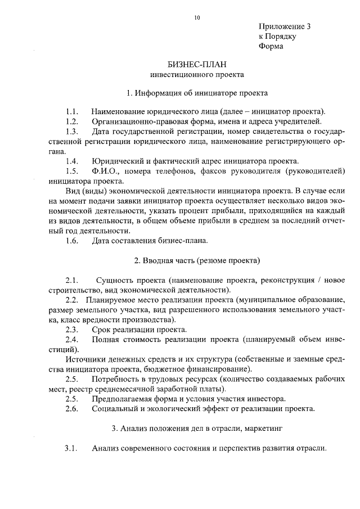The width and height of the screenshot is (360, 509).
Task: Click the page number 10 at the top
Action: point(197,17)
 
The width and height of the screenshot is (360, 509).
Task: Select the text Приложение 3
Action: point(285,26)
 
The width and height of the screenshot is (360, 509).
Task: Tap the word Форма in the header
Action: point(271,47)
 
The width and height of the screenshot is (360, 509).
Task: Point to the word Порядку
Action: point(281,37)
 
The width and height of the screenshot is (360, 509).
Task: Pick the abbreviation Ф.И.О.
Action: point(106,171)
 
